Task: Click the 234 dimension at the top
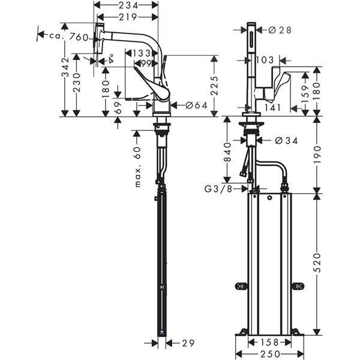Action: [x=128, y=5]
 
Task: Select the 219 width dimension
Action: [x=128, y=17]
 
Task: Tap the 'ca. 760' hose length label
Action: [x=69, y=37]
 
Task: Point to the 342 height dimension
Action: [x=65, y=67]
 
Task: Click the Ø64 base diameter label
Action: [x=196, y=105]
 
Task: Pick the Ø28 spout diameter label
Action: [x=280, y=30]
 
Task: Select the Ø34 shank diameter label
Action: [x=286, y=140]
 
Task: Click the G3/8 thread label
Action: [x=218, y=189]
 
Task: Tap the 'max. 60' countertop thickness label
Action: [x=137, y=167]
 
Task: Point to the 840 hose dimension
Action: [x=227, y=152]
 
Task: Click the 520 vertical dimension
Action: [x=317, y=262]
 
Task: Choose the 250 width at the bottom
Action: [x=270, y=354]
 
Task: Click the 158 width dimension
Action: [x=269, y=343]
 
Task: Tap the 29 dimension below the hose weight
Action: [x=188, y=343]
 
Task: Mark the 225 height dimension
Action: [x=214, y=85]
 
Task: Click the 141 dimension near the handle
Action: [x=273, y=107]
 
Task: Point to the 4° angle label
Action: [x=112, y=59]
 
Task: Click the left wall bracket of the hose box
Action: [x=241, y=286]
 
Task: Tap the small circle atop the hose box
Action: [x=269, y=197]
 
